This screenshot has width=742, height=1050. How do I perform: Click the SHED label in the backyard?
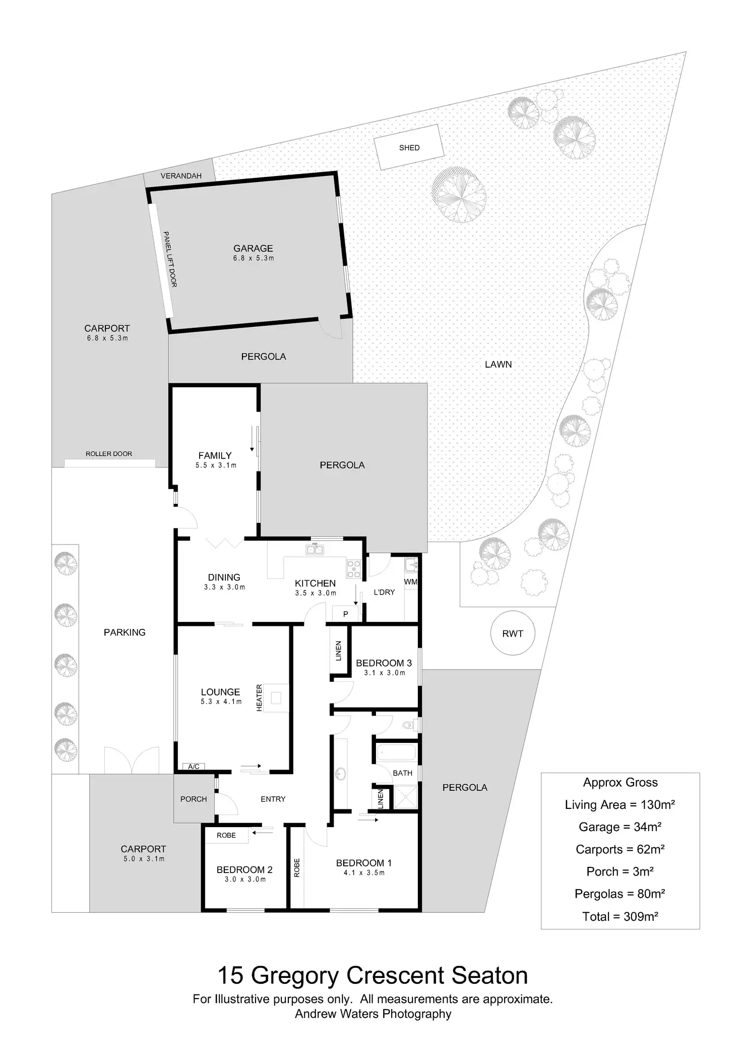(x=409, y=148)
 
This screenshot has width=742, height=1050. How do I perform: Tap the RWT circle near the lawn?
(x=513, y=633)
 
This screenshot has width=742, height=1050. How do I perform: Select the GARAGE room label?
(x=253, y=248)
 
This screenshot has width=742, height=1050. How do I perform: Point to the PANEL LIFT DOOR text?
(x=169, y=259)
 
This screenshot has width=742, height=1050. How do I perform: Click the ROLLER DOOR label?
(x=109, y=454)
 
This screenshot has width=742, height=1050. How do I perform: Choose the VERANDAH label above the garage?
(x=181, y=176)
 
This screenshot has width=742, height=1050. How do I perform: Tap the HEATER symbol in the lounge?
(x=276, y=698)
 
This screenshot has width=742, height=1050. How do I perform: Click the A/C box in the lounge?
(x=194, y=767)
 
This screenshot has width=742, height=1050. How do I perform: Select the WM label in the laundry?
(x=411, y=581)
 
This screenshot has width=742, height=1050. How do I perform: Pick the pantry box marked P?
(x=346, y=614)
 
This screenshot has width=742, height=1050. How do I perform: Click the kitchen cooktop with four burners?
(x=354, y=568)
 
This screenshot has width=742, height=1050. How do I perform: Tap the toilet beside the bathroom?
(x=409, y=726)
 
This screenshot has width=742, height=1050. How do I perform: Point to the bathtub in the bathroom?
(x=397, y=752)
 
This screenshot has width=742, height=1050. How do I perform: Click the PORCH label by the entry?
(x=194, y=799)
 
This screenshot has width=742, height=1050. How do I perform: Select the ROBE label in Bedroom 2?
(x=226, y=835)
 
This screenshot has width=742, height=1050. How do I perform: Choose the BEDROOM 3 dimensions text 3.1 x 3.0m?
(x=384, y=673)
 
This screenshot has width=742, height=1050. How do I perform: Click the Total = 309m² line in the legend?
(x=620, y=916)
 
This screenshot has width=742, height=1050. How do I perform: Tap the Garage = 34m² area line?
(x=620, y=827)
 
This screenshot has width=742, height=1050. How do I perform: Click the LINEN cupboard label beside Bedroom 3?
(x=339, y=651)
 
